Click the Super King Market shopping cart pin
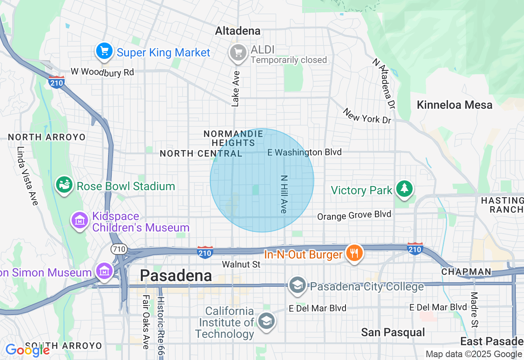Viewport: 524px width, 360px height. click(104, 52)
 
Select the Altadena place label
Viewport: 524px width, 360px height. click(237, 31)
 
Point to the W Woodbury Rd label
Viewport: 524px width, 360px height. click(102, 72)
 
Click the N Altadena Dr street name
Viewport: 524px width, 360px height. click(385, 83)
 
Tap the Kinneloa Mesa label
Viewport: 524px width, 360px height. click(454, 105)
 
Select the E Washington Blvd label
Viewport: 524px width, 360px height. click(304, 153)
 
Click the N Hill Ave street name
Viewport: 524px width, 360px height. click(284, 194)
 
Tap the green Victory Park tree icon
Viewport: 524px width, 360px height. click(404, 189)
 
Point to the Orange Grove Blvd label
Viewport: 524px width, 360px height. click(354, 215)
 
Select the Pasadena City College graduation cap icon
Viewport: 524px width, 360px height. click(297, 285)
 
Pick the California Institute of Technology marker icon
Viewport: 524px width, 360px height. click(267, 321)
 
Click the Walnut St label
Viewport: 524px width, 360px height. click(241, 265)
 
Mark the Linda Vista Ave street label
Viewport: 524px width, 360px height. click(27, 176)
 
